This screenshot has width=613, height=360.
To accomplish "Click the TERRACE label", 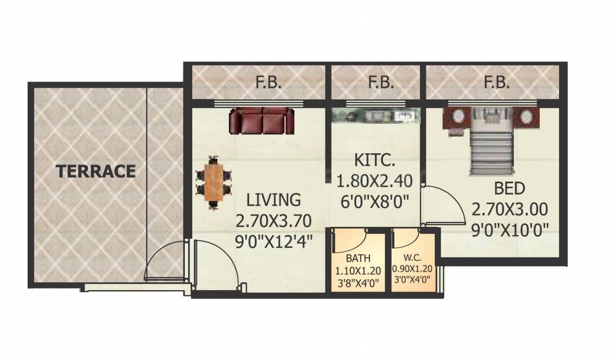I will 96,171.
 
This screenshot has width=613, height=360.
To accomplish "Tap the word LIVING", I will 274,199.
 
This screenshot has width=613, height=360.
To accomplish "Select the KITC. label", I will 375,162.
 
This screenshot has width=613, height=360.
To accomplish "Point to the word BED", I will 510,189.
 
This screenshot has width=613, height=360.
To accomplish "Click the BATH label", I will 358,258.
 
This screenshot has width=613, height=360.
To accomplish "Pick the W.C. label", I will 412,258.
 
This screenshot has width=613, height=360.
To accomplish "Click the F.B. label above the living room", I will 268,83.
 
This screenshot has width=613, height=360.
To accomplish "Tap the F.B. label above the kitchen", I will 381,83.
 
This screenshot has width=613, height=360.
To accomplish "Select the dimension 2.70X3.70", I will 274,220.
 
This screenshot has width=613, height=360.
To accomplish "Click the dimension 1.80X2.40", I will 375,180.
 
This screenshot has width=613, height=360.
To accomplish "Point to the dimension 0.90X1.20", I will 412,270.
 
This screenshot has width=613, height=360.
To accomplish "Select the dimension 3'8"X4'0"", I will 358,282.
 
